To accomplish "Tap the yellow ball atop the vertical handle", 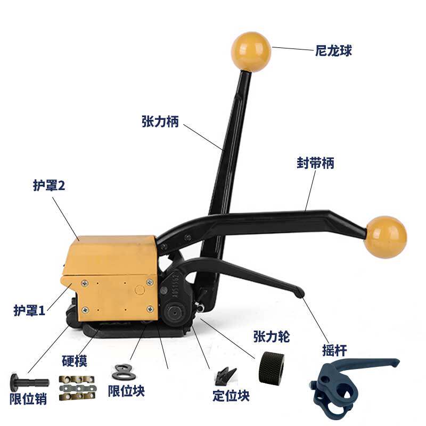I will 251,52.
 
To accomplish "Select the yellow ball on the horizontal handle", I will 386,236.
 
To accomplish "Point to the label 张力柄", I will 160,122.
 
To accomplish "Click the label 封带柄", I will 315,163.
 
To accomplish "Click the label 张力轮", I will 272,337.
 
